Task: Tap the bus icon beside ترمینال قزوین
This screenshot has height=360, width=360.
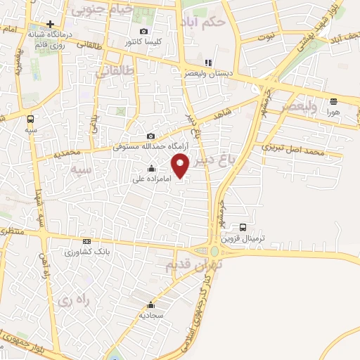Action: click(243, 227)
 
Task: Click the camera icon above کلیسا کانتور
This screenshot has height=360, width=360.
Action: click(144, 31)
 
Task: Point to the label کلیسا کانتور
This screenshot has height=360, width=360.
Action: click(143, 41)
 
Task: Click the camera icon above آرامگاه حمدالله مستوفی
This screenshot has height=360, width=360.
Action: click(150, 136)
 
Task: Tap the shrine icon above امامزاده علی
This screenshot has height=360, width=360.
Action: click(152, 169)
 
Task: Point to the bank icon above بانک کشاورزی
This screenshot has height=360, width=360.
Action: click(86, 240)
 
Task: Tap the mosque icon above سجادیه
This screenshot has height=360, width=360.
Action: click(150, 305)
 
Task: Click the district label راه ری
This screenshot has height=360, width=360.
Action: click(78, 300)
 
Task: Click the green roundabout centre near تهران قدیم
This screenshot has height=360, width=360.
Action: click(214, 251)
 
